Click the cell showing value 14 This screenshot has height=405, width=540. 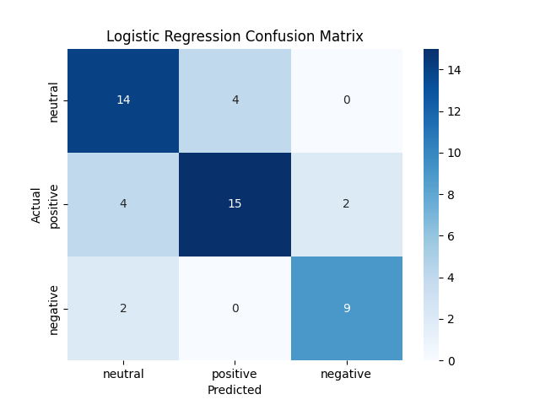pos(123,100)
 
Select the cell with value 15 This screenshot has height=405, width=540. pos(235,204)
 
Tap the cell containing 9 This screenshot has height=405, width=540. pos(347,308)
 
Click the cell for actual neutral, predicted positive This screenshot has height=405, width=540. pos(235,100)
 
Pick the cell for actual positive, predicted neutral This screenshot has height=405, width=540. pos(123,204)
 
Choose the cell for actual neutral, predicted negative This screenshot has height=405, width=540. pos(347,100)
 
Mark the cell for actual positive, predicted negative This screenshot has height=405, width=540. pos(347,204)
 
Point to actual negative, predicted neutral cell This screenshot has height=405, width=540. pos(123,308)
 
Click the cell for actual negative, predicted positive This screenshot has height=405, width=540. pos(235,308)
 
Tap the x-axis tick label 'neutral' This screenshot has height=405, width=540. pos(123,374)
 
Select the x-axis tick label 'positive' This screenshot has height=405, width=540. pos(235,374)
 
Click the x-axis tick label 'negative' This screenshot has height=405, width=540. pos(347,374)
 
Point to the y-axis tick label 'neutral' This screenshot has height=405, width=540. pos(55,101)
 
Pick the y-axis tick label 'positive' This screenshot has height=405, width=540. pos(55,205)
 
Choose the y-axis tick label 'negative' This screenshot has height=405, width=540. pos(55,309)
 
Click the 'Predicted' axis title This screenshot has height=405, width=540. pos(235,390)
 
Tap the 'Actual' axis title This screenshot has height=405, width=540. pos(37,204)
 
